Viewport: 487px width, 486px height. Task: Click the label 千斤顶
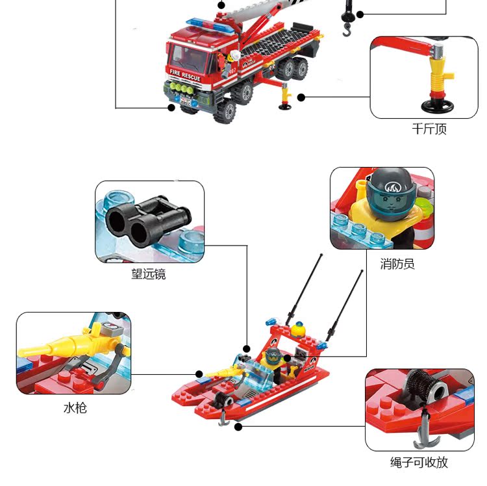tap(429, 129)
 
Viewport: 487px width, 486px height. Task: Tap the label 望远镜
tap(149, 274)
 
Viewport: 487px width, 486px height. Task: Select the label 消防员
tap(397, 264)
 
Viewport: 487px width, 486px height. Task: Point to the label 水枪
tap(75, 408)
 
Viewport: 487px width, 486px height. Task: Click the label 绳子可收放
tap(419, 463)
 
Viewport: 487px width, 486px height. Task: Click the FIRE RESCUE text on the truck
tap(185, 73)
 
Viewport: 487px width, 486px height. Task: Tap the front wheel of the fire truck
tap(227, 111)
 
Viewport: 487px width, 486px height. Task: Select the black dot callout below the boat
tap(238, 427)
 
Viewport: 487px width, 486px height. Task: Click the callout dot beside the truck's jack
tap(301, 97)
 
